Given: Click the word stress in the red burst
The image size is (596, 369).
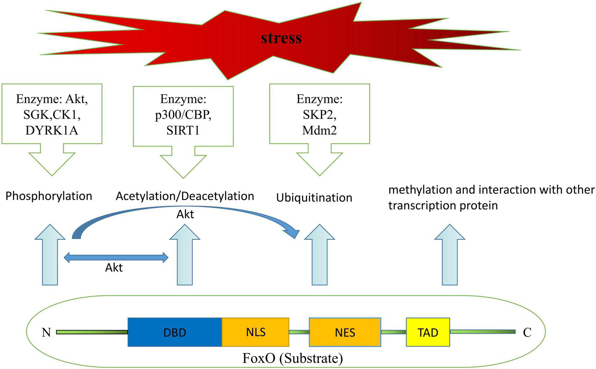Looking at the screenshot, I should pyautogui.click(x=281, y=38).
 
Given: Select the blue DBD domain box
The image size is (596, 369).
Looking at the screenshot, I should pyautogui.click(x=175, y=332).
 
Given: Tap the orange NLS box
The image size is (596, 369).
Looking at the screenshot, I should pyautogui.click(x=256, y=332).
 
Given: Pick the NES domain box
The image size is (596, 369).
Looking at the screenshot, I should pyautogui.click(x=345, y=332).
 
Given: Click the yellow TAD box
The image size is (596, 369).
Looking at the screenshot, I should pyautogui.click(x=428, y=332).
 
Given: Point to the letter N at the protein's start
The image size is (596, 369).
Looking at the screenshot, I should pyautogui.click(x=46, y=332).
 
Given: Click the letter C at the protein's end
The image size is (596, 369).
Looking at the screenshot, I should pyautogui.click(x=527, y=332).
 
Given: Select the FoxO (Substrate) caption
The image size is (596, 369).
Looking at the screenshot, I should pyautogui.click(x=293, y=358).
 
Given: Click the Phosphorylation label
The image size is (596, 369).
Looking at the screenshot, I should pyautogui.click(x=49, y=196).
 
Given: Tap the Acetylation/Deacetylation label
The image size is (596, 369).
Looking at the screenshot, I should pyautogui.click(x=185, y=196).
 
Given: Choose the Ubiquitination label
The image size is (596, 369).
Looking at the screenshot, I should pyautogui.click(x=314, y=198).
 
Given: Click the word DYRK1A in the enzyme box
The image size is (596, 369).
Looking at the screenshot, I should pyautogui.click(x=52, y=130).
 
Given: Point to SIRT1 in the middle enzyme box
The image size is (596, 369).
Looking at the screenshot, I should pyautogui.click(x=183, y=130).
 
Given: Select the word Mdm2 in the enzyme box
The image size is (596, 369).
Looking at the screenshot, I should pyautogui.click(x=319, y=130).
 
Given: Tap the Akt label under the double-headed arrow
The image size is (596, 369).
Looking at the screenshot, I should pyautogui.click(x=114, y=268).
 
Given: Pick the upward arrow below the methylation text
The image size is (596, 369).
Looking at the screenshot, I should pyautogui.click(x=450, y=255).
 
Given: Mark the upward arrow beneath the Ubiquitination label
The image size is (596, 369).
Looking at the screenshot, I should pyautogui.click(x=319, y=255).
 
